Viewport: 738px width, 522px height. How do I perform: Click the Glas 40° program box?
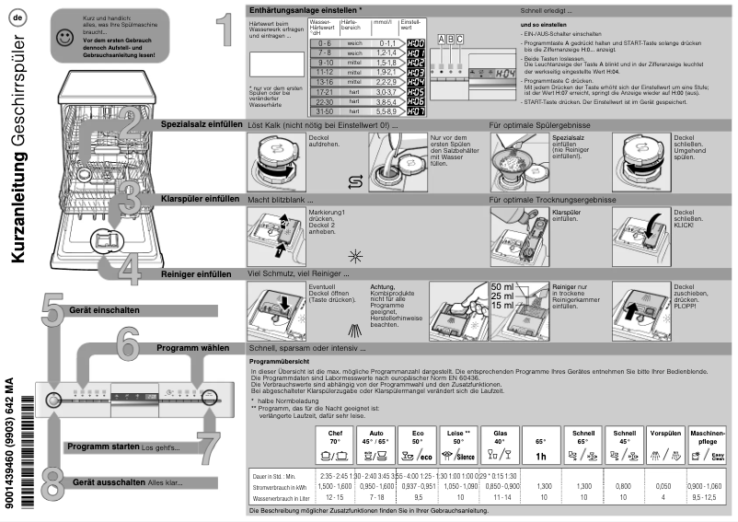[x=500, y=445]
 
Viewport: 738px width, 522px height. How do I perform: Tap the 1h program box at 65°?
[x=542, y=445]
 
